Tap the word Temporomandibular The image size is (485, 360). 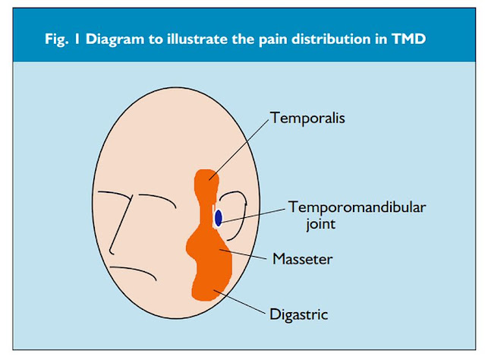pyautogui.click(x=342, y=207)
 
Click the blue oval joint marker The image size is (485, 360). pyautogui.click(x=219, y=218)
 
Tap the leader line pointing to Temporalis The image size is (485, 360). pyautogui.click(x=241, y=149)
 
